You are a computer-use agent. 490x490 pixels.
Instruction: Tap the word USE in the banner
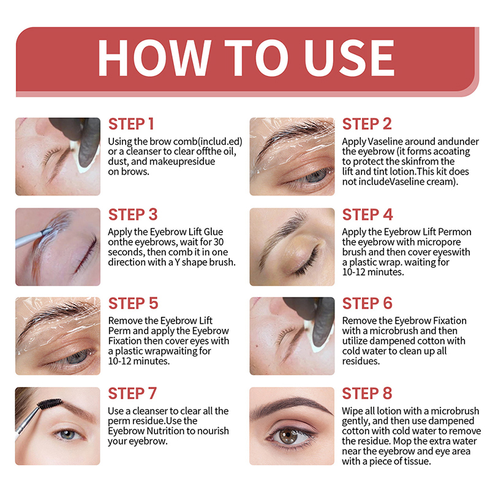click(349, 58)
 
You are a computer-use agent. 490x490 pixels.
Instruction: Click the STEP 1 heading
click(131, 124)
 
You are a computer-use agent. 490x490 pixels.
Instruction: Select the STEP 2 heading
click(367, 124)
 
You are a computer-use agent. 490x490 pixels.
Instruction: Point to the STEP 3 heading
click(133, 215)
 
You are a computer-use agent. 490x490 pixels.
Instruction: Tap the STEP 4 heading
click(367, 215)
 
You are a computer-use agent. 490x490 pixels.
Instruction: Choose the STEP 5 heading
click(133, 303)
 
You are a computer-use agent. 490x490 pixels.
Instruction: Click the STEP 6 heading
click(367, 303)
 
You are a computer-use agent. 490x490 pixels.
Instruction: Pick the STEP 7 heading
click(132, 393)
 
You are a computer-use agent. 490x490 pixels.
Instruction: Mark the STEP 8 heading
click(367, 393)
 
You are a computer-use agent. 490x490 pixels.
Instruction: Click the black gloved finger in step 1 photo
click(89, 142)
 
